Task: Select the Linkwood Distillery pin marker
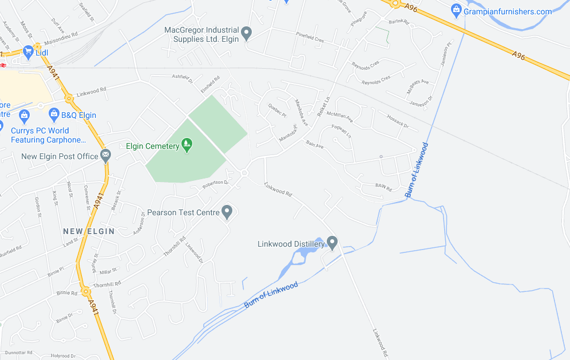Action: (332, 243)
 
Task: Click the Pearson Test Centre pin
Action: (227, 212)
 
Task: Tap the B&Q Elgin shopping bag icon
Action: (54, 114)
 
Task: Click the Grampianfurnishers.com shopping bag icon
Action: (456, 10)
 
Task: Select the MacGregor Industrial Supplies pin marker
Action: (247, 34)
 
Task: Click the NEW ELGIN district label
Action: (89, 231)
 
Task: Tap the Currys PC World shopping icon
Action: (25, 117)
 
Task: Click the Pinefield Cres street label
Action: (310, 41)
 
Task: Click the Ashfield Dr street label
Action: (183, 77)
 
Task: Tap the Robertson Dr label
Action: (215, 184)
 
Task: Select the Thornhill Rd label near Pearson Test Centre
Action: (175, 246)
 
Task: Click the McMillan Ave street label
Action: (341, 116)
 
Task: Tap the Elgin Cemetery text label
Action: (153, 146)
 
